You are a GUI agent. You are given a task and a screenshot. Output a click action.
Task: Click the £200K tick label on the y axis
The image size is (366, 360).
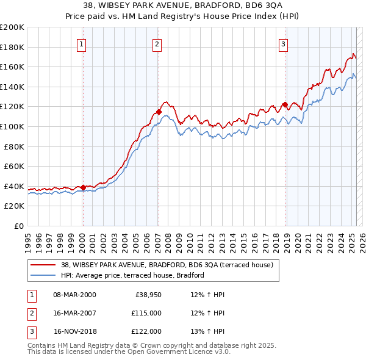(12, 27)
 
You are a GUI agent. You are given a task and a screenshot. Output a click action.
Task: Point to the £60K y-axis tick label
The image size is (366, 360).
(14, 166)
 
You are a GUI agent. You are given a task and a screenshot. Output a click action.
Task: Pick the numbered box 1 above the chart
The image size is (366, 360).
(82, 44)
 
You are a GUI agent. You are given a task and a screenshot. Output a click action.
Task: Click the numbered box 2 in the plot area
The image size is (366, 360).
(157, 44)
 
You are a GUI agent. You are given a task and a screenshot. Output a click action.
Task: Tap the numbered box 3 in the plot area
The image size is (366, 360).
(284, 44)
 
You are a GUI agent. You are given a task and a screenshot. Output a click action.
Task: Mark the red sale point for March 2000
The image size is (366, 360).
(84, 187)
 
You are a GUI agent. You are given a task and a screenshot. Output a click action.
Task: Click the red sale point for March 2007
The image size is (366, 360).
(159, 112)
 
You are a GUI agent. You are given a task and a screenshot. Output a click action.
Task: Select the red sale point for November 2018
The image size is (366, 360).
(285, 105)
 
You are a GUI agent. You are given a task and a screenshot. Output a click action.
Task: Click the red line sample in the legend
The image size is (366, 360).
(43, 265)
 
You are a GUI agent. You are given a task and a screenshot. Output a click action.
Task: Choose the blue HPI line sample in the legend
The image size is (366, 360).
(43, 275)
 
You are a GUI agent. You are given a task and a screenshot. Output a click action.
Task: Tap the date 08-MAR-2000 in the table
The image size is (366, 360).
(74, 295)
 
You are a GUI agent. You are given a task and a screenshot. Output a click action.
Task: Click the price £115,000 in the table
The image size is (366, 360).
(146, 313)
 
